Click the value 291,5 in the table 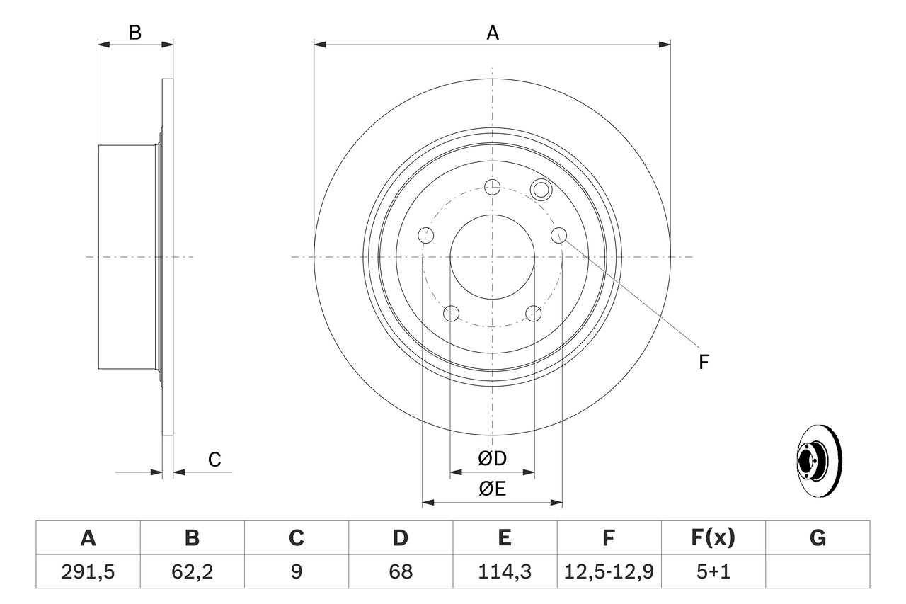(88, 571)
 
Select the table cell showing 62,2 (192, 571)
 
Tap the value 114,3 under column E (504, 571)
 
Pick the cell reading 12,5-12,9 (609, 571)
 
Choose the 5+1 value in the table (713, 571)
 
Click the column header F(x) (713, 538)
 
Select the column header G (818, 538)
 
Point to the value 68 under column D (400, 571)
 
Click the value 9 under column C (296, 571)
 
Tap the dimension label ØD (492, 459)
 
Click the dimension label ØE (492, 489)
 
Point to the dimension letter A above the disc (492, 32)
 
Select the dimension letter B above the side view (135, 32)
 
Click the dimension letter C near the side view (214, 460)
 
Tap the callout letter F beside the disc (704, 362)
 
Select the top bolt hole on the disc (492, 187)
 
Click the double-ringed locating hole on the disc (541, 189)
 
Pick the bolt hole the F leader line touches (558, 235)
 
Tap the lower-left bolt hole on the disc (451, 313)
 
